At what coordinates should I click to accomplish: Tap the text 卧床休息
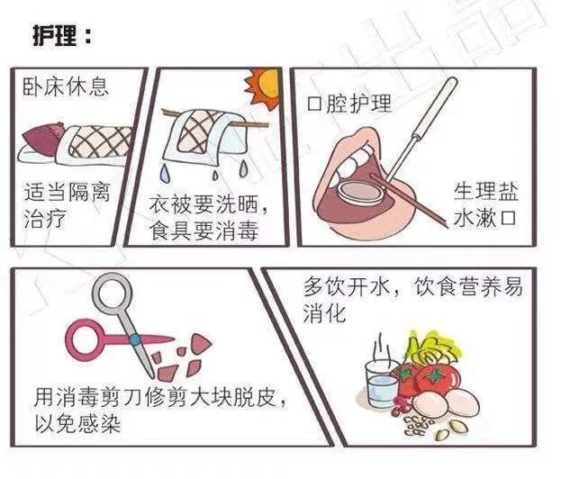[66, 87]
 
